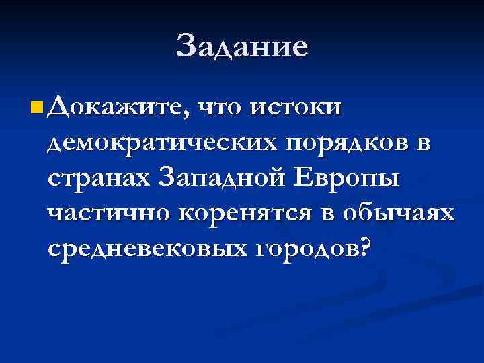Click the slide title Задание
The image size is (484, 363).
tap(242, 46)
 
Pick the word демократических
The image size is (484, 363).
tap(158, 143)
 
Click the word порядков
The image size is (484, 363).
tap(340, 143)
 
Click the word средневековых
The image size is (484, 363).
tap(145, 249)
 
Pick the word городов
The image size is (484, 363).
tap(305, 249)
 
